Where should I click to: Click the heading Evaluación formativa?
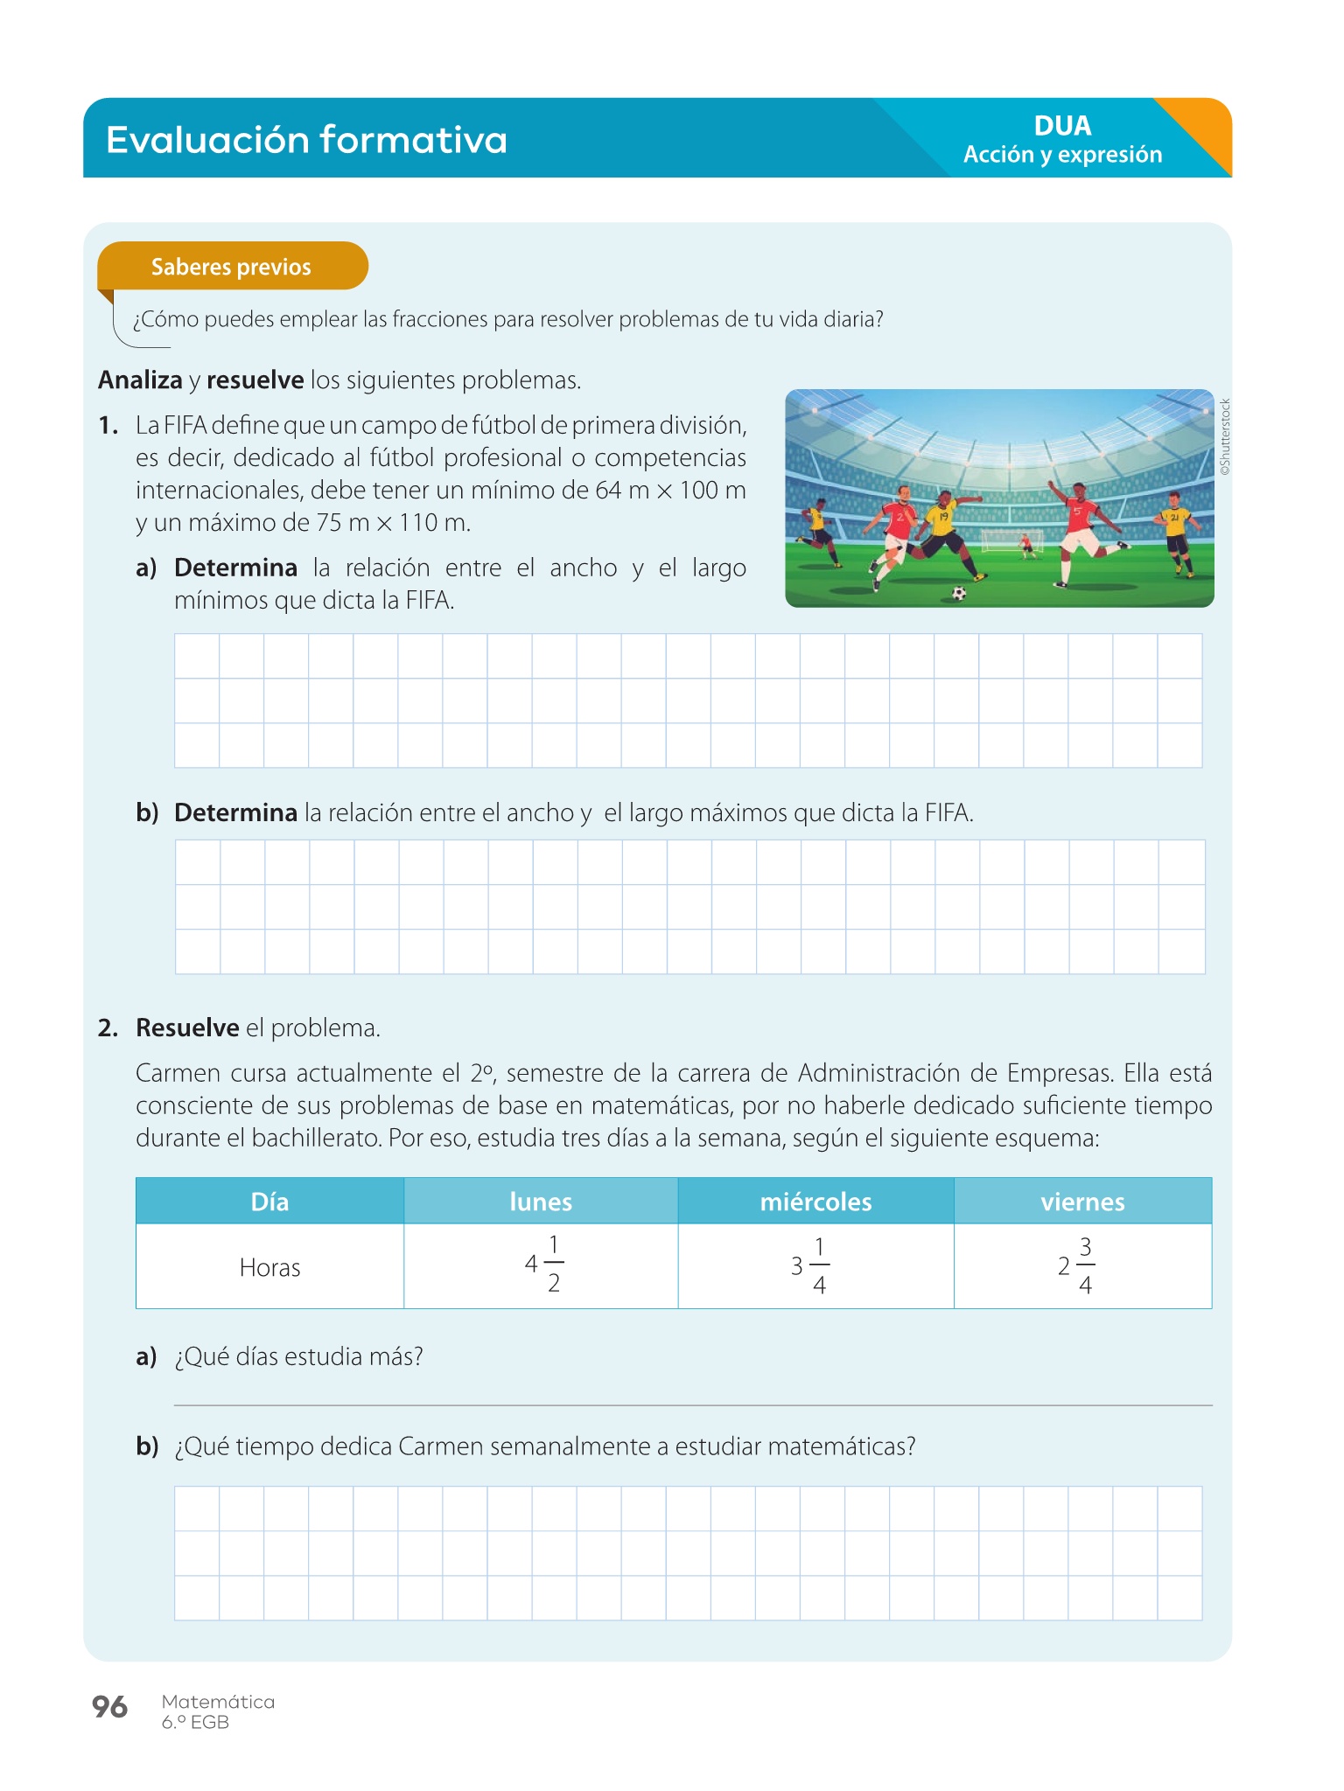[x=306, y=140]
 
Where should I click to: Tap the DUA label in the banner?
[x=1062, y=126]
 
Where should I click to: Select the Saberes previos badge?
[x=232, y=267]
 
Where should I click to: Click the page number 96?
[x=109, y=1706]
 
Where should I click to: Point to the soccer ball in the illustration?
[x=959, y=594]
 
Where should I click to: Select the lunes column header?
[x=541, y=1202]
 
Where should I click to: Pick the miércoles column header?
[x=815, y=1202]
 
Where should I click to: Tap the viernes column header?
[x=1082, y=1202]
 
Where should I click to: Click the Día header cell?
[x=269, y=1202]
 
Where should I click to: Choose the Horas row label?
[x=269, y=1267]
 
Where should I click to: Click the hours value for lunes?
[x=544, y=1265]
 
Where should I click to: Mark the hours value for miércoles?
[x=810, y=1265]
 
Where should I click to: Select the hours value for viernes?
[x=1076, y=1265]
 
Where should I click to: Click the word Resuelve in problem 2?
[x=187, y=1028]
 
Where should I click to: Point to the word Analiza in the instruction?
[x=140, y=380]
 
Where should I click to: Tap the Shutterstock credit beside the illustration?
[x=1225, y=437]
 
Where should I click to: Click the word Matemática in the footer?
[x=218, y=1702]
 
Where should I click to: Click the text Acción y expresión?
[x=1062, y=155]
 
